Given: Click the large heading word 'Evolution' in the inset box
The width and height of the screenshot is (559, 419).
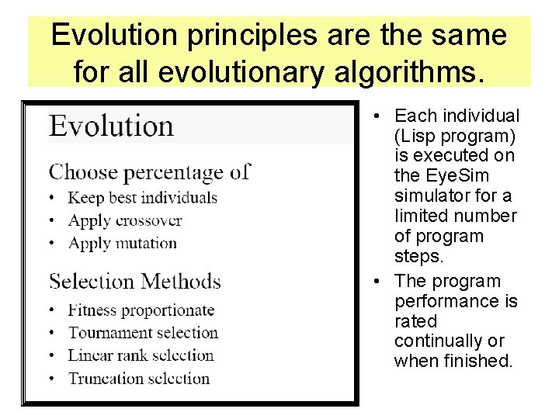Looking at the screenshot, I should click(x=111, y=126).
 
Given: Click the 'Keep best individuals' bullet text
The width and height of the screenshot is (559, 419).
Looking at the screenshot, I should click(x=142, y=198).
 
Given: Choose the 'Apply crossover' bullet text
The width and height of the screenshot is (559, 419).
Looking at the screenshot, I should click(x=125, y=220).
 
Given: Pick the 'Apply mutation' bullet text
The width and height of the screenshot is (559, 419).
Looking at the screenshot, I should click(x=123, y=243).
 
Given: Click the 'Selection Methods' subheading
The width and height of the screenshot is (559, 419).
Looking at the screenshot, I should click(x=134, y=281).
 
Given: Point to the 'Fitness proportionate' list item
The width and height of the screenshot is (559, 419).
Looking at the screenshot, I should click(x=141, y=310).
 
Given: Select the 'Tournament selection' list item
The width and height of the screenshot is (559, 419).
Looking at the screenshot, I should click(x=143, y=333).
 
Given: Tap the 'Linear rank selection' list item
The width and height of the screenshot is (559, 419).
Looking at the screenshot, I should click(x=141, y=355).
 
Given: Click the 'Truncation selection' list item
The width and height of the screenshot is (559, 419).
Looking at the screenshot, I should click(x=139, y=379).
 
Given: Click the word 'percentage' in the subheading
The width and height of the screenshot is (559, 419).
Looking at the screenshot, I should click(x=179, y=171).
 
